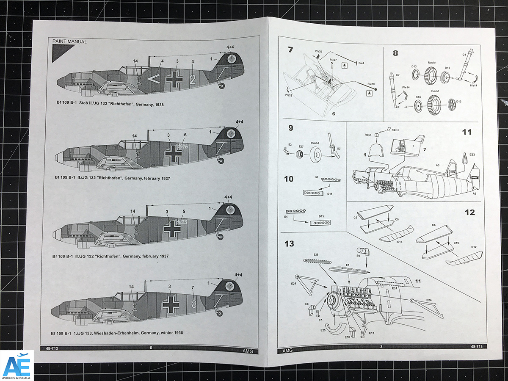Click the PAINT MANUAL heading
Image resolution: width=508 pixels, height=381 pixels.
[x=69, y=41]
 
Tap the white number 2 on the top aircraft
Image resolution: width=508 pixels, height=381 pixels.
[x=193, y=79]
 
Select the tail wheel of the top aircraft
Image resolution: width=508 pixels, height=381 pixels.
[x=223, y=86]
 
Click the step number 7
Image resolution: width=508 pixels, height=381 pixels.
[x=290, y=50]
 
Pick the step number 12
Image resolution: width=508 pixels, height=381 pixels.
[x=469, y=213]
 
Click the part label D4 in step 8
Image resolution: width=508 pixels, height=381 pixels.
[x=464, y=54]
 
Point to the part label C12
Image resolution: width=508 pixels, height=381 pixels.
[x=474, y=247]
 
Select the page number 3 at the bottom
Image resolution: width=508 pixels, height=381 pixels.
[x=381, y=347]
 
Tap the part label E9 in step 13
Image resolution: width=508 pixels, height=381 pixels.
[x=358, y=256]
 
